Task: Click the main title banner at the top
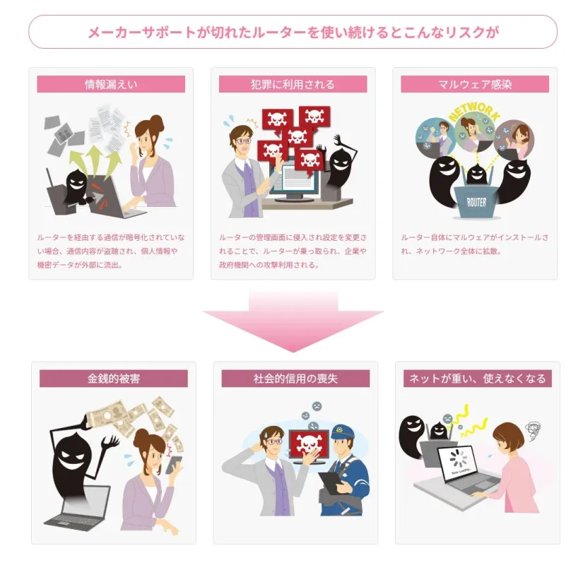click(293, 32)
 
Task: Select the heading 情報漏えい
click(111, 85)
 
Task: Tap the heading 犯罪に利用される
click(293, 85)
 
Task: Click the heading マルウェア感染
click(475, 85)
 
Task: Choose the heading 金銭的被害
click(114, 379)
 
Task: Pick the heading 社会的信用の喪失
click(295, 379)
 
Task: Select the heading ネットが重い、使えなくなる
click(478, 379)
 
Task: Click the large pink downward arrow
click(293, 321)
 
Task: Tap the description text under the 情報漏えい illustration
click(111, 251)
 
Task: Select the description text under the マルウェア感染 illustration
click(473, 244)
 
